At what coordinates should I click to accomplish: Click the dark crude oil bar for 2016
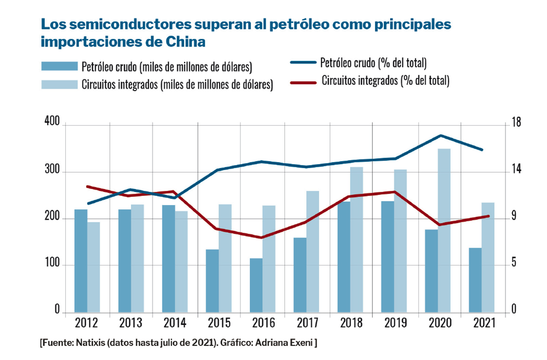tap(256, 285)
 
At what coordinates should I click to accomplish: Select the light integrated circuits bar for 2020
tap(444, 231)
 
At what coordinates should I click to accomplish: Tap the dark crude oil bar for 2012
tap(81, 261)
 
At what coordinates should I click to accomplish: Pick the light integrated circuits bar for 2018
tap(356, 240)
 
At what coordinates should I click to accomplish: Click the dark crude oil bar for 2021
tap(475, 280)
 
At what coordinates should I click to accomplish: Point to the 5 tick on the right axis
tap(514, 264)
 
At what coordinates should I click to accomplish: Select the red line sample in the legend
tap(303, 82)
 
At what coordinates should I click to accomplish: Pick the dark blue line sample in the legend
tap(303, 62)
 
